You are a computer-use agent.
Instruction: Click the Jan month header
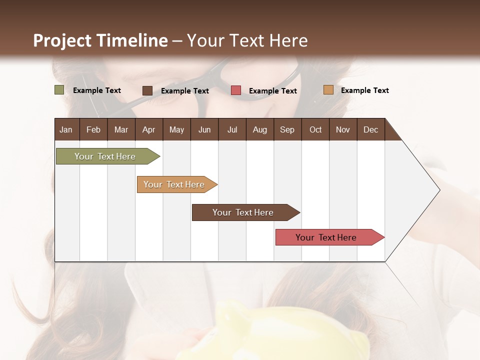coord(66,129)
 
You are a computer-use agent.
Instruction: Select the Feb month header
coord(93,129)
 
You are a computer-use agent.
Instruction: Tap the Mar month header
coord(121,129)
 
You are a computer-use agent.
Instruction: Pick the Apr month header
coord(149,129)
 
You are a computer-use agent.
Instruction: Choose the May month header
coord(176,129)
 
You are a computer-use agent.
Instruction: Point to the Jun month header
coord(204,129)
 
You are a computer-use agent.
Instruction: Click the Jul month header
coord(232,129)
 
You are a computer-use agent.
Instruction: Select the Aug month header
coord(260,129)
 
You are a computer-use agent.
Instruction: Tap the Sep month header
coord(287,129)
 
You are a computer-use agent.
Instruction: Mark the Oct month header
coord(315,129)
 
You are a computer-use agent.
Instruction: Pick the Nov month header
coord(343,129)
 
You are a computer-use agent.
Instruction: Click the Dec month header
coord(371,129)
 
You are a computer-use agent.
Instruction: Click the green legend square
coord(59,90)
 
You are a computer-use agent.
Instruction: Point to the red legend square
coord(236,90)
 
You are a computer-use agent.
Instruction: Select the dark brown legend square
coord(147,90)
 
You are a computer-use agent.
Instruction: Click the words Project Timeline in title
coord(100,40)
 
